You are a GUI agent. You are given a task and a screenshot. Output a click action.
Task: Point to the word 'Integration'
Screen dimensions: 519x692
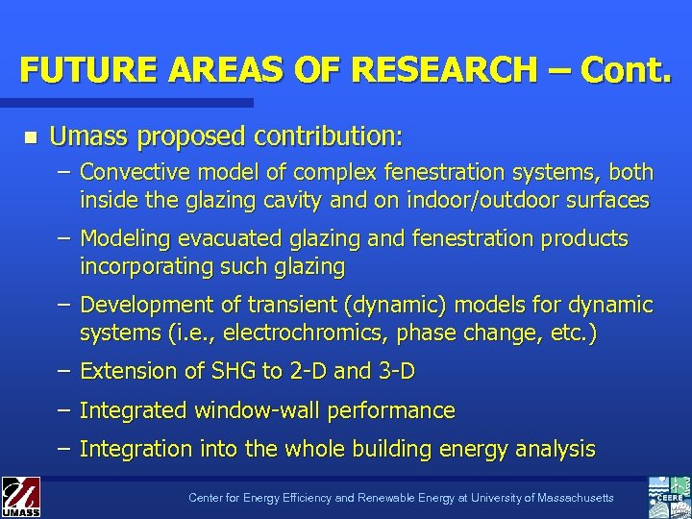click(136, 449)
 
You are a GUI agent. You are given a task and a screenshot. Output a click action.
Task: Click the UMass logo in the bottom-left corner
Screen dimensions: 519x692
click(20, 497)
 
